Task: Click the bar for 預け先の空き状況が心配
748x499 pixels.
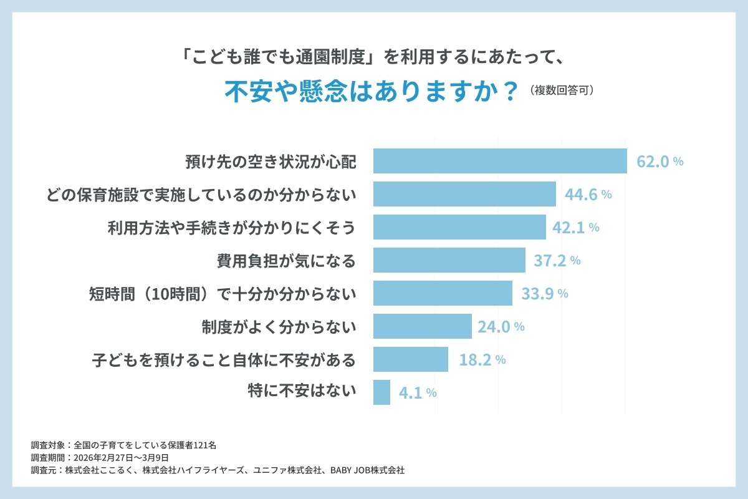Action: (500, 161)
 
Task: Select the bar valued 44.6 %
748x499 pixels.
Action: (464, 194)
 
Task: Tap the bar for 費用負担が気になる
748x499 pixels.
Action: (449, 260)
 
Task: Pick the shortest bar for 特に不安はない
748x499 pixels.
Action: (381, 392)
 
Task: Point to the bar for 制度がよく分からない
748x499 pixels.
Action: (422, 326)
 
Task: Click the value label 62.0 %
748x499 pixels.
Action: (659, 162)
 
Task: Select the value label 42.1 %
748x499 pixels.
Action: (575, 228)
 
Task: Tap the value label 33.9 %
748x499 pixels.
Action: (544, 294)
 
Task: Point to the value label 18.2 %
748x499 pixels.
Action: (480, 360)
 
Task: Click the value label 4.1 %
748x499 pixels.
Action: (416, 393)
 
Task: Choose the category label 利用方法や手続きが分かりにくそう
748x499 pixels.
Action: (231, 228)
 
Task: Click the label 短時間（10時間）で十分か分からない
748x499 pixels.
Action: (223, 294)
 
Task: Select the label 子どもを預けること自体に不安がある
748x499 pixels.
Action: (224, 360)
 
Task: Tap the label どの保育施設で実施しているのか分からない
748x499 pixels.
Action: (201, 195)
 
